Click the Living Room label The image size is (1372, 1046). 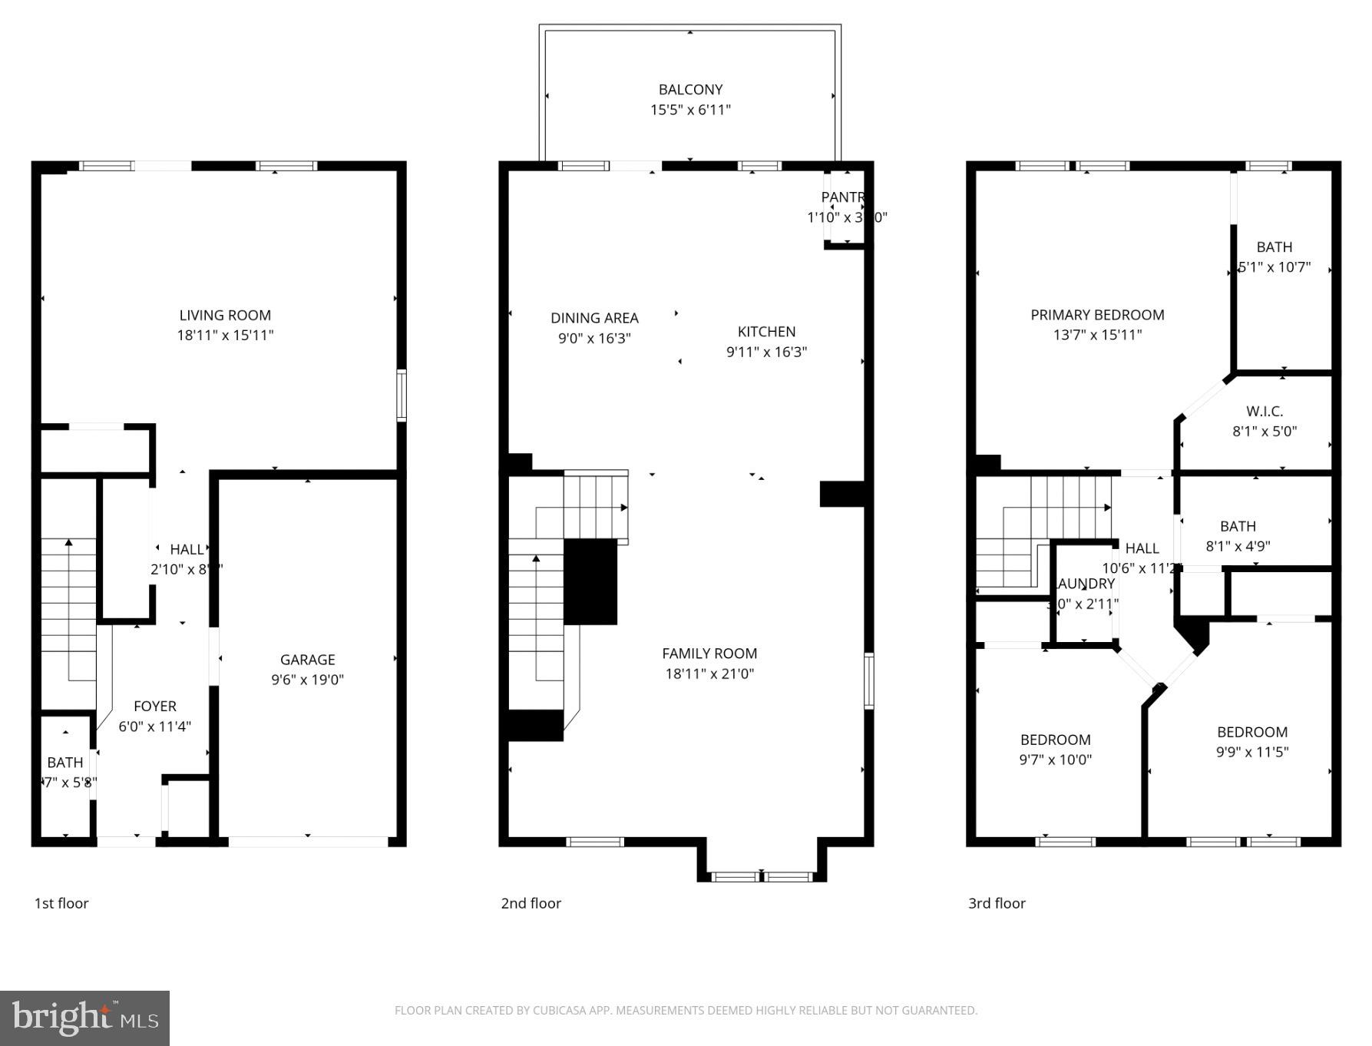tap(225, 315)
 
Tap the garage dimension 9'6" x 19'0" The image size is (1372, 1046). tap(307, 680)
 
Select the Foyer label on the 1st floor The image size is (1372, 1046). tap(155, 706)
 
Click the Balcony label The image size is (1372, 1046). tap(690, 89)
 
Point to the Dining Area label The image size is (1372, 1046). tap(594, 318)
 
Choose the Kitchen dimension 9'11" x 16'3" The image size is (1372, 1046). tap(766, 352)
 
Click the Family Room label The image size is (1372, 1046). tap(709, 654)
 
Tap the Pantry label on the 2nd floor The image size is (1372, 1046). tap(842, 197)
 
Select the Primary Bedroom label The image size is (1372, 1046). tap(1097, 315)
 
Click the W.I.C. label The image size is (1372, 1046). tap(1265, 412)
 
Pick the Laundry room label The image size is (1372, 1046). tap(1086, 584)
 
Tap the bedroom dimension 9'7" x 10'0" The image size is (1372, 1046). tap(1055, 760)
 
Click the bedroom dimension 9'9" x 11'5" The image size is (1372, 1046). tap(1251, 753)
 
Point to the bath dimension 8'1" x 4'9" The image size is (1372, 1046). tap(1238, 546)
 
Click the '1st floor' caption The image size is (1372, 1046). tap(61, 903)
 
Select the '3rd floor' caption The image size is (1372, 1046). tap(997, 903)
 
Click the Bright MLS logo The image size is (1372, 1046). tap(84, 1018)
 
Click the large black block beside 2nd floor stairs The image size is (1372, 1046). tap(590, 581)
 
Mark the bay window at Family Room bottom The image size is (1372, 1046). tap(761, 876)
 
